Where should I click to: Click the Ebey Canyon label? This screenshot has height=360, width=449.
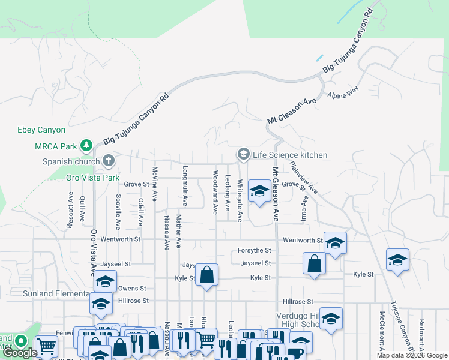coord(41,130)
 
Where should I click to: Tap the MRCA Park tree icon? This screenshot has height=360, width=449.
coord(86,146)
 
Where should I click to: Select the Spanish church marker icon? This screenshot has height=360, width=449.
coord(108,161)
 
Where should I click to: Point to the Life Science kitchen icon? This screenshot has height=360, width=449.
coord(243,155)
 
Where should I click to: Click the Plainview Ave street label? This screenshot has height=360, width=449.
coord(304,177)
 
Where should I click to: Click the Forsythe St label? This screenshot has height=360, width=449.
coord(255,250)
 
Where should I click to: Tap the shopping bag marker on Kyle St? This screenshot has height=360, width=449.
coord(207,275)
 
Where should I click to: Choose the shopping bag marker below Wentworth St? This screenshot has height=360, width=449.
coord(315,263)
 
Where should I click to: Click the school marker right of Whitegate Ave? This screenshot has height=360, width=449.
coord(259,192)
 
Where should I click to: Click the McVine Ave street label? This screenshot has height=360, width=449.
coord(155,183)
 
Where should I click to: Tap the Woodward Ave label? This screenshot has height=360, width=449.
coord(214,192)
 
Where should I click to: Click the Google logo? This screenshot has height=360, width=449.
coord(20,353)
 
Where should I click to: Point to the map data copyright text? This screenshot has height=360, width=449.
coord(412,355)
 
